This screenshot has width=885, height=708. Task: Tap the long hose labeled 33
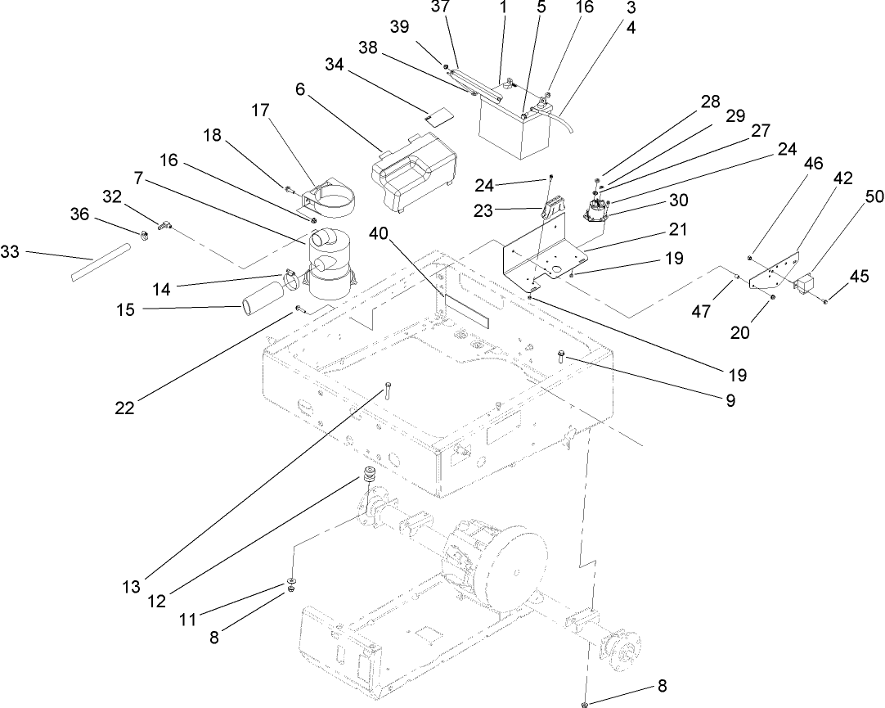(99, 263)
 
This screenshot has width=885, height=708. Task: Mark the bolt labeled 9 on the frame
(562, 355)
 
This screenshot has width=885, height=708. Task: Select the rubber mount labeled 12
(370, 476)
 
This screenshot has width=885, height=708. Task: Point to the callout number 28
(710, 102)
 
